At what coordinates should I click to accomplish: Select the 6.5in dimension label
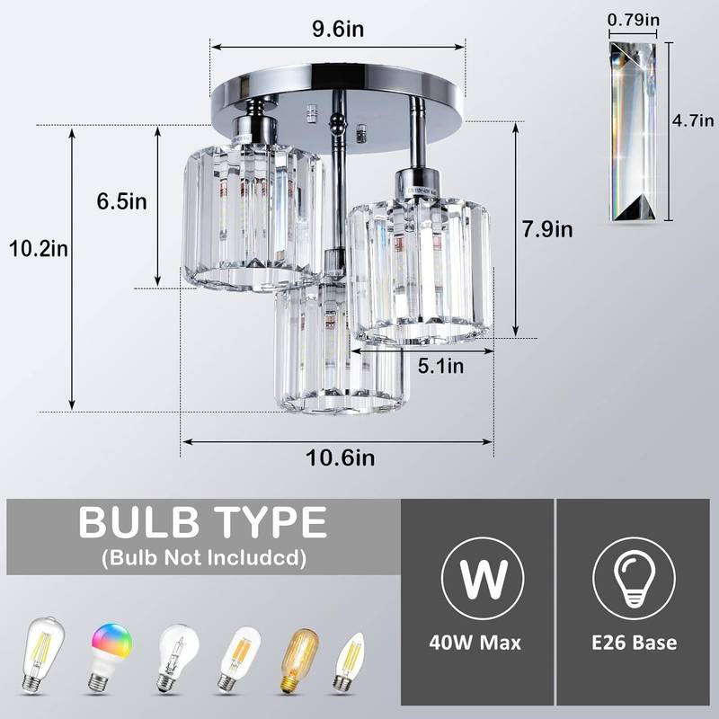pos(122,201)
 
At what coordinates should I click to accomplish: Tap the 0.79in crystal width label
pos(633,18)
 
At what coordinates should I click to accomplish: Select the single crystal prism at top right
pos(633,131)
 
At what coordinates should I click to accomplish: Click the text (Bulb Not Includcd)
pos(203,558)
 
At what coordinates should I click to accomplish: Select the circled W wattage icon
pos(475,578)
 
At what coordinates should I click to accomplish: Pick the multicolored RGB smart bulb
pos(110,653)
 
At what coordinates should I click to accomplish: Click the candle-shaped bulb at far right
pos(345,662)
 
